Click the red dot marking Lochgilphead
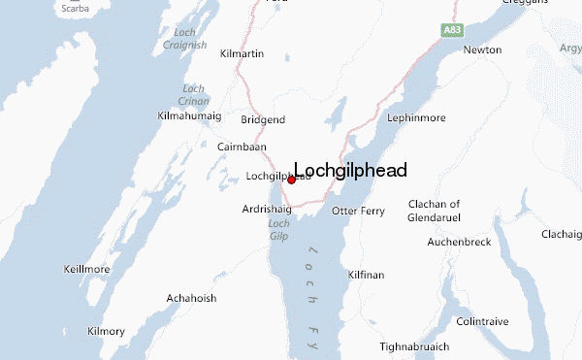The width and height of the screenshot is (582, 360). click(x=291, y=180)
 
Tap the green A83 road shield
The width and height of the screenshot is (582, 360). click(x=452, y=31)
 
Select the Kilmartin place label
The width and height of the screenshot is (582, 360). click(x=242, y=53)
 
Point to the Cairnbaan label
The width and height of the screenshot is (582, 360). click(x=242, y=147)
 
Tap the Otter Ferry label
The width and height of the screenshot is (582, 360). click(x=358, y=211)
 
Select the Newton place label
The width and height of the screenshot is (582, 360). click(x=482, y=49)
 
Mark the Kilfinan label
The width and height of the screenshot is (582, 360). click(x=366, y=276)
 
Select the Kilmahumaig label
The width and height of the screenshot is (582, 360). click(x=189, y=116)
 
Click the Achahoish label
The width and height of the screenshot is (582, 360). click(x=191, y=298)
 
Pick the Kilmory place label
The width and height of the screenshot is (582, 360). click(x=106, y=331)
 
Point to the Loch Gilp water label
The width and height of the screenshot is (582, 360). click(x=277, y=230)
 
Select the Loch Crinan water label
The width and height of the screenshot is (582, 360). click(x=194, y=94)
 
